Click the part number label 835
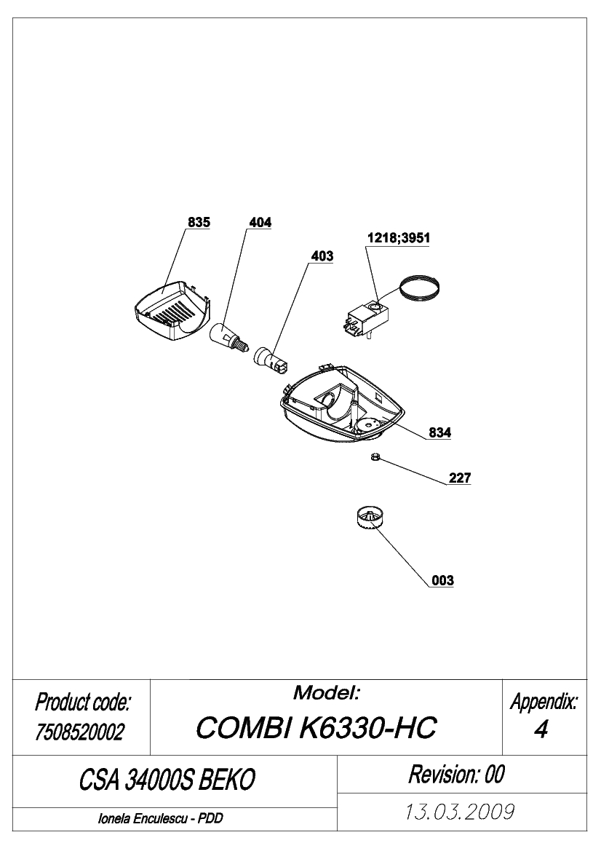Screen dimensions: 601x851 [199, 223]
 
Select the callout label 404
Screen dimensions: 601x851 [260, 223]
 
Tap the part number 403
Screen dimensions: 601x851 [322, 256]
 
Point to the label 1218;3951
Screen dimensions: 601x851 [399, 238]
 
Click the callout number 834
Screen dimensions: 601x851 [440, 432]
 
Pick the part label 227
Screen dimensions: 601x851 [460, 478]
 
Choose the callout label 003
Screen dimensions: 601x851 [442, 581]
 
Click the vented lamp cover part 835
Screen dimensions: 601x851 [172, 313]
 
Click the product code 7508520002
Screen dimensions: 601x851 [80, 732]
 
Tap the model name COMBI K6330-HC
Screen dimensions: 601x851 [317, 727]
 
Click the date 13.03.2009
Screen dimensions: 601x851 [460, 812]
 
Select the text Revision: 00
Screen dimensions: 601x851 [457, 774]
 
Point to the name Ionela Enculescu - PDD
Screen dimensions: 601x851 [161, 819]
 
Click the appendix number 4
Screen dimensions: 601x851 [541, 730]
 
